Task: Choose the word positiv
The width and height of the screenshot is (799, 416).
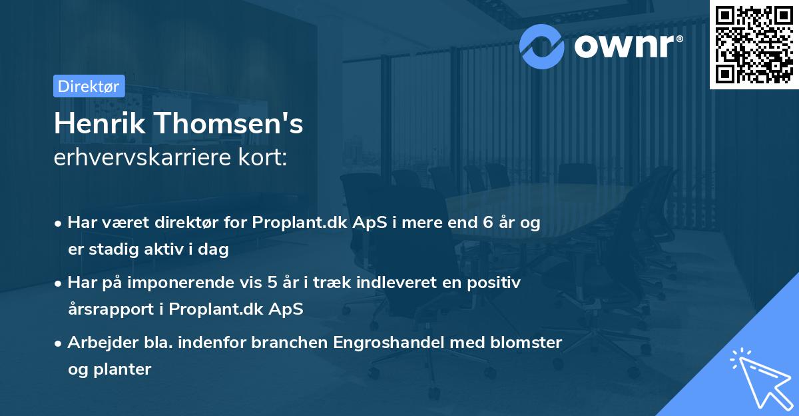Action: click(496, 283)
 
